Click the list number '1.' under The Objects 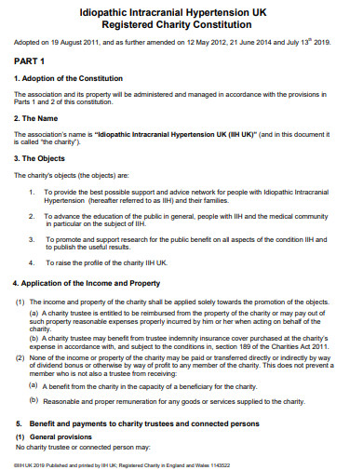coord(33,192)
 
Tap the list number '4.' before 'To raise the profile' coord(33,263)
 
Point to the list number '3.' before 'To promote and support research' coord(33,239)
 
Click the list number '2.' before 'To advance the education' coord(33,216)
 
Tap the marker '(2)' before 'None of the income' coord(20,358)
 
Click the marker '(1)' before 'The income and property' coord(20,302)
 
